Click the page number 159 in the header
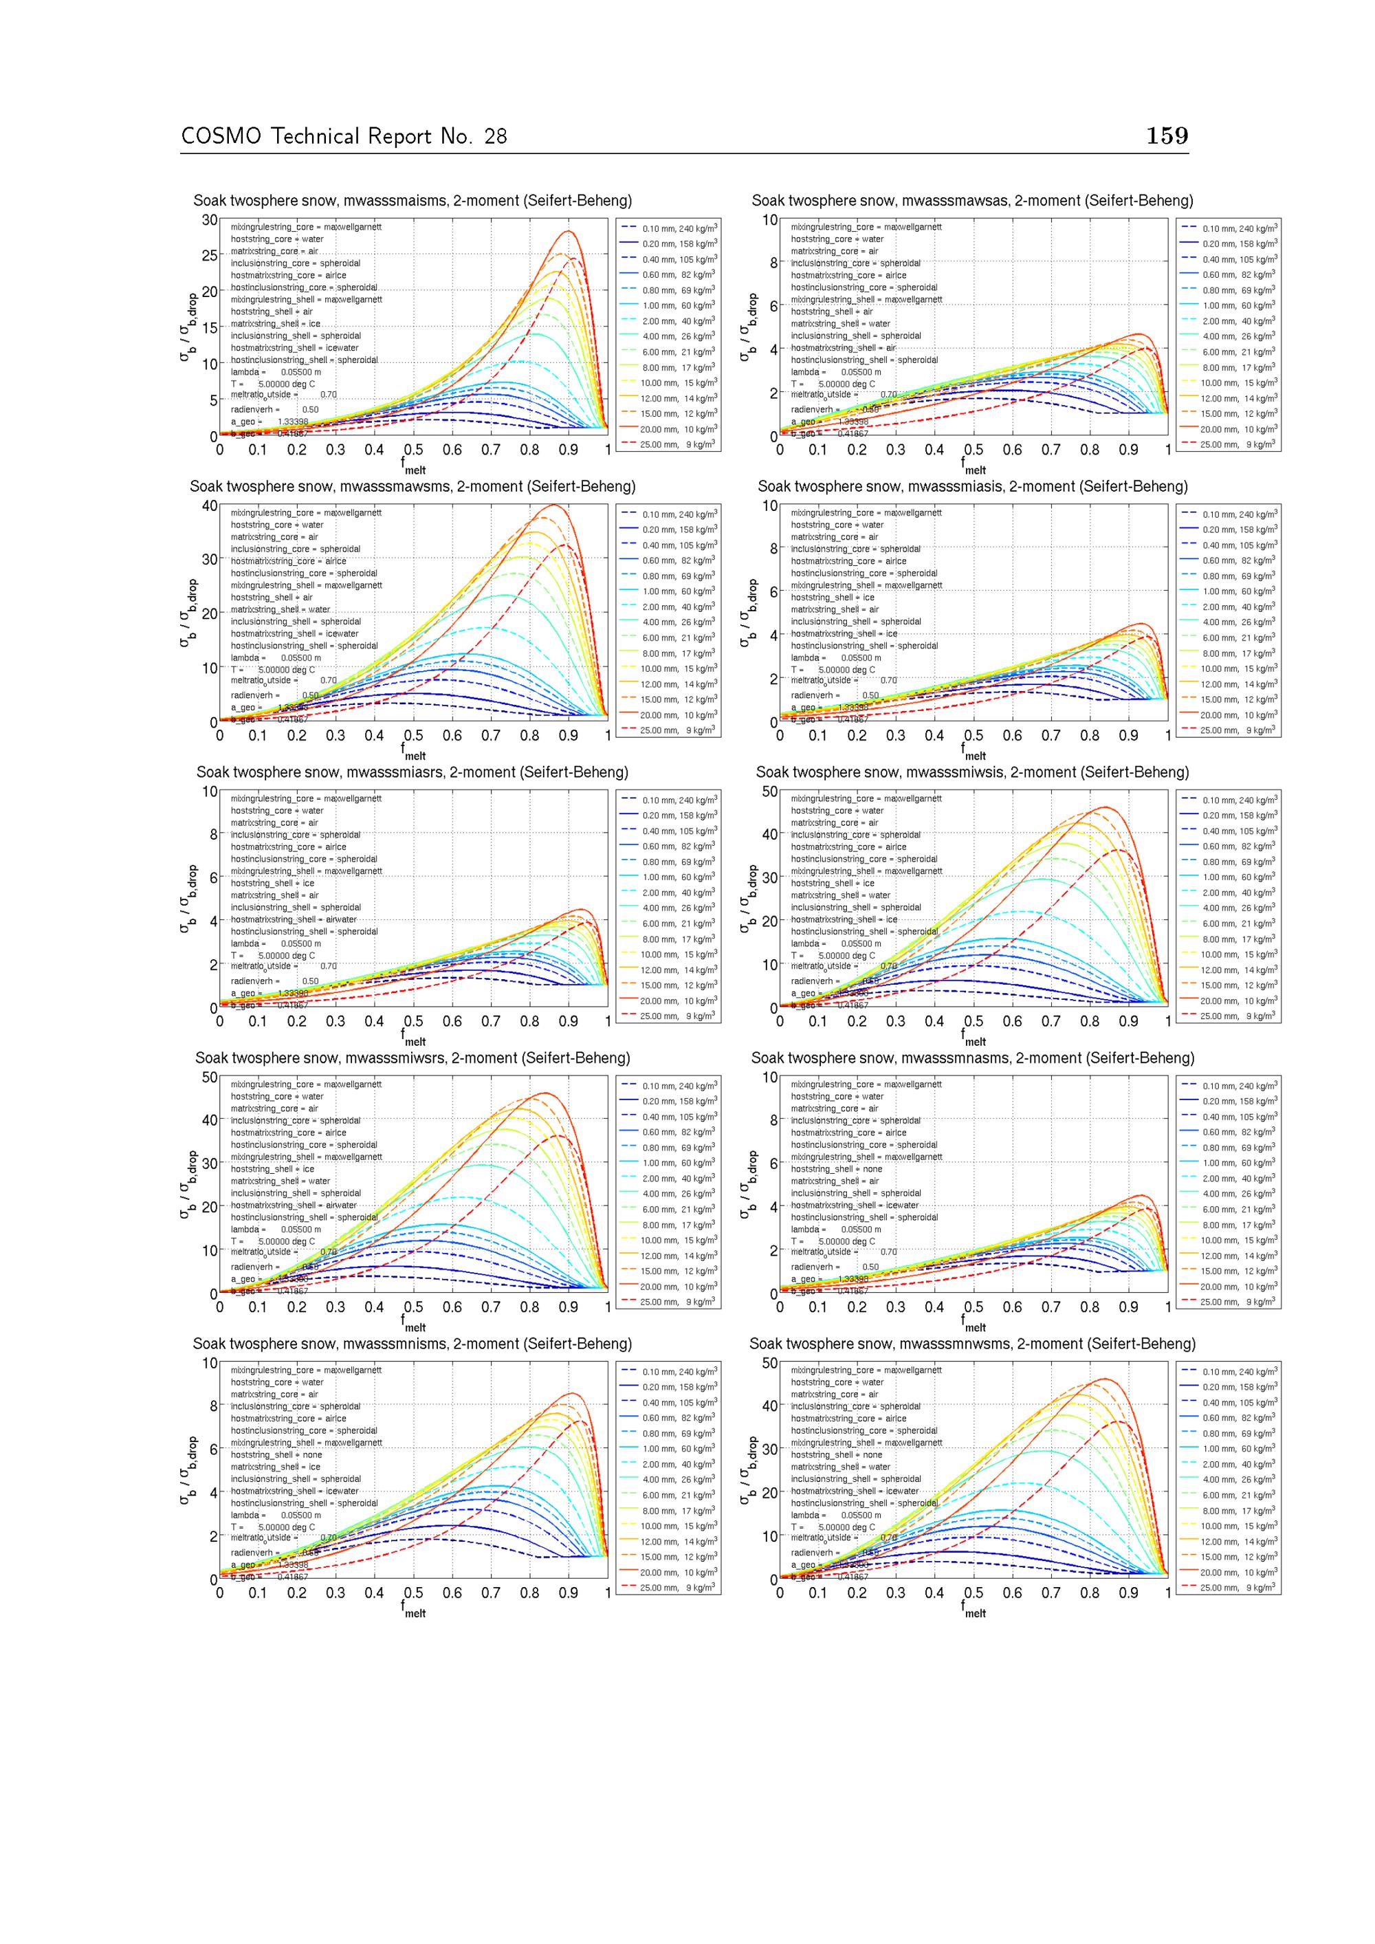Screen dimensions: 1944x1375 (x=1167, y=135)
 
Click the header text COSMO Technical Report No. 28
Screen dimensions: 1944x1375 (x=344, y=136)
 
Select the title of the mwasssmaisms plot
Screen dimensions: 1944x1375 (x=412, y=201)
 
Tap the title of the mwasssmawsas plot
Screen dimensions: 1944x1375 (x=972, y=201)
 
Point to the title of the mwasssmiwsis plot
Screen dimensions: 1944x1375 (x=972, y=772)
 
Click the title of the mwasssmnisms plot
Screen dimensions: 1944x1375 (x=412, y=1344)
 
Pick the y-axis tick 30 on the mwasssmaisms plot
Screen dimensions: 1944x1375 (x=209, y=220)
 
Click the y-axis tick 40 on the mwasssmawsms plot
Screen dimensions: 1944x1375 (x=209, y=506)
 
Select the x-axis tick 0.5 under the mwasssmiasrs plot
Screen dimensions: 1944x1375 (x=413, y=1022)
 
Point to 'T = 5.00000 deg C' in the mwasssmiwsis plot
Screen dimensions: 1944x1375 (x=833, y=955)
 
